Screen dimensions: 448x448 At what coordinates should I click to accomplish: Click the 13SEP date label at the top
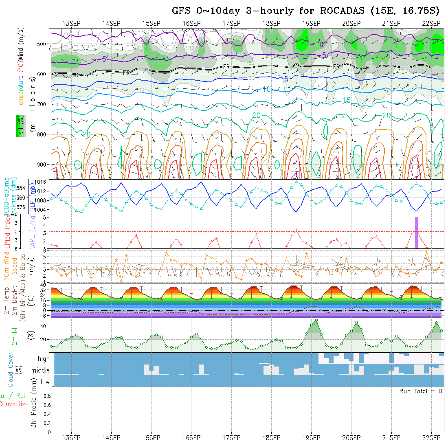(x=71, y=23)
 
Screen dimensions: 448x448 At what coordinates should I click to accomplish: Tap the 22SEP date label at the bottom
(x=430, y=438)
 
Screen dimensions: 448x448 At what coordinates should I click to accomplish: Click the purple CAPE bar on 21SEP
(x=416, y=232)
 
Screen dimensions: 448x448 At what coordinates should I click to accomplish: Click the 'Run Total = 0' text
(x=421, y=391)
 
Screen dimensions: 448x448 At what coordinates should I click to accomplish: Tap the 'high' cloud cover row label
(x=44, y=359)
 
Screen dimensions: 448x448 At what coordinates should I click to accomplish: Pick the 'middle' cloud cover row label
(x=41, y=371)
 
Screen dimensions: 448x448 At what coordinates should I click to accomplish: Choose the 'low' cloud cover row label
(x=45, y=382)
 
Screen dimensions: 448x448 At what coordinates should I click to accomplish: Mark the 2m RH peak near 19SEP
(x=316, y=320)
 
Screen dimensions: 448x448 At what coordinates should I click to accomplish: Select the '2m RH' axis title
(x=14, y=335)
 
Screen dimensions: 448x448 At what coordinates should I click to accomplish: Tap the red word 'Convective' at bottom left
(x=14, y=404)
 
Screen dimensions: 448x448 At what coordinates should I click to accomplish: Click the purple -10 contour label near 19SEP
(x=319, y=44)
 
